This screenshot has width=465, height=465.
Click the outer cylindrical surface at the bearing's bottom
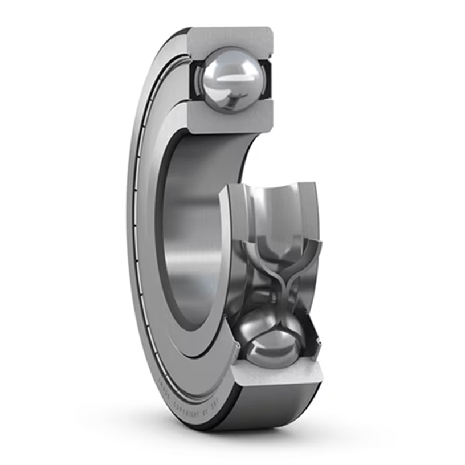268,407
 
